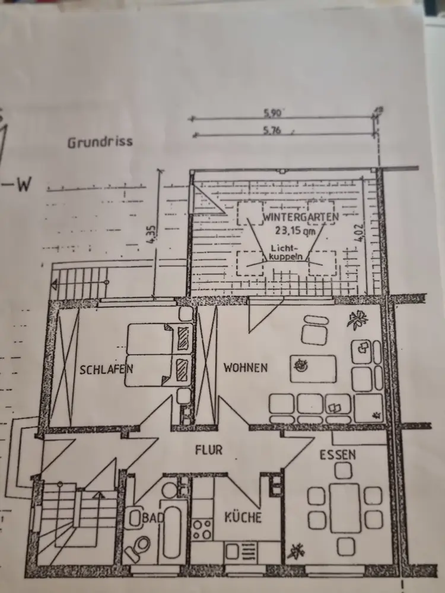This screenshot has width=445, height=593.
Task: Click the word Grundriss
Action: [100, 142]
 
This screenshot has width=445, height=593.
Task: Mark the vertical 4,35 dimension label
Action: [154, 233]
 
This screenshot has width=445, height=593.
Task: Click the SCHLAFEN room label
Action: [106, 369]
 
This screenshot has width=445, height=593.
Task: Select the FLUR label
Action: [209, 450]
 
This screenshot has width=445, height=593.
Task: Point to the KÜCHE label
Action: [242, 518]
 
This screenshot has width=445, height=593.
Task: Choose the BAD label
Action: [152, 518]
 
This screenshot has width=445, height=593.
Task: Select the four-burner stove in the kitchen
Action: [203, 528]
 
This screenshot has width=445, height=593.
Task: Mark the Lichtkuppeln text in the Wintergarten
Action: [285, 253]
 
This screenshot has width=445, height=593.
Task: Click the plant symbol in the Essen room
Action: [295, 553]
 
